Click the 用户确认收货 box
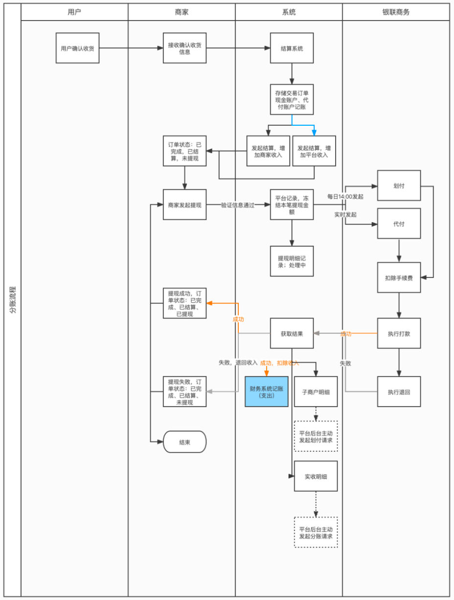coord(78,48)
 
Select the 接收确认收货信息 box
coord(184,48)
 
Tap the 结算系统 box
coord(292,48)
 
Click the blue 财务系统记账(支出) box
coord(267,392)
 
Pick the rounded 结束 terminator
coord(184,442)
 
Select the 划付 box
coord(399,185)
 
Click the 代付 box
coord(399,224)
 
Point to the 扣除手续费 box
coord(399,277)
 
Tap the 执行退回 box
coord(399,392)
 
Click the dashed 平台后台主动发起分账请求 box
coord(316,532)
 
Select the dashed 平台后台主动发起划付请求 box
coord(316,436)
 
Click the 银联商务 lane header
coord(396,12)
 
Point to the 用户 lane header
coord(74,12)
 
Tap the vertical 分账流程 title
coord(13,300)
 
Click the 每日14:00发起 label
coord(345,197)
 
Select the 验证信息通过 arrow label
coord(238,205)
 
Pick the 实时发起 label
coord(345,214)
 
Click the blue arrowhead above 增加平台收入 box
coord(314,133)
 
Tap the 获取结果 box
coord(292,333)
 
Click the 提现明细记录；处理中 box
coord(292,261)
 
